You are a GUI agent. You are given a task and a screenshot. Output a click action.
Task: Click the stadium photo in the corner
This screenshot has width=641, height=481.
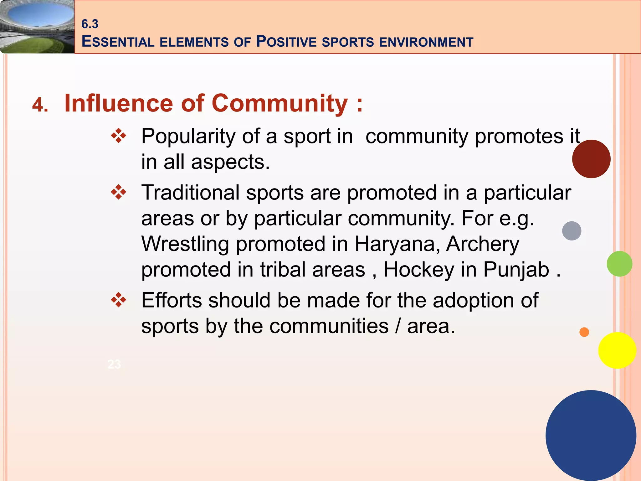click(37, 27)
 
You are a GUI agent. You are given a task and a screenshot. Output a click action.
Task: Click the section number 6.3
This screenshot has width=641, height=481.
click(90, 24)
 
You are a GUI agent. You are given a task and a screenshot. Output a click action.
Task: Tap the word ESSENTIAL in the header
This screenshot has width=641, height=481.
click(118, 42)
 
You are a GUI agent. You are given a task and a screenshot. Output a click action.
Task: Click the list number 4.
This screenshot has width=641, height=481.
click(40, 105)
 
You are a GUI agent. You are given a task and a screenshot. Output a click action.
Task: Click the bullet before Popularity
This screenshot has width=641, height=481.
click(119, 136)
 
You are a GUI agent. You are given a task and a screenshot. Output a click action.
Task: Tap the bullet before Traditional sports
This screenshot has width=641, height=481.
click(119, 192)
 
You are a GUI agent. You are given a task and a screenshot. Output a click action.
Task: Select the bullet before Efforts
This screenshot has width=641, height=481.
click(119, 300)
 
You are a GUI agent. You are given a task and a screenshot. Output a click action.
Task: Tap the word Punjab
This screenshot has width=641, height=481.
click(516, 270)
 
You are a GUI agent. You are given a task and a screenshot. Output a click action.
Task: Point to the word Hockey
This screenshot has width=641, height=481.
click(419, 270)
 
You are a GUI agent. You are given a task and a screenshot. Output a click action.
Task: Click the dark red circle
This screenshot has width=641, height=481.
click(591, 159)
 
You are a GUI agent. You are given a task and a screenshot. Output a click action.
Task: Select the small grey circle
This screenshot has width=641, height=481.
click(572, 231)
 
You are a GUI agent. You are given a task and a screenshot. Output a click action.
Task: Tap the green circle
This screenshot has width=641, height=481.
click(619, 264)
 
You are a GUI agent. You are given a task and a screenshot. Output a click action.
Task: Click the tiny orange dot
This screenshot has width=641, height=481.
click(584, 332)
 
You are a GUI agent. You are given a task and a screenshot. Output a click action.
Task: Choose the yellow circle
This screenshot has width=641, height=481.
click(617, 350)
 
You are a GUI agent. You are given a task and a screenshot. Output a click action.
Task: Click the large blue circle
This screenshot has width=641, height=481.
click(591, 435)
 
